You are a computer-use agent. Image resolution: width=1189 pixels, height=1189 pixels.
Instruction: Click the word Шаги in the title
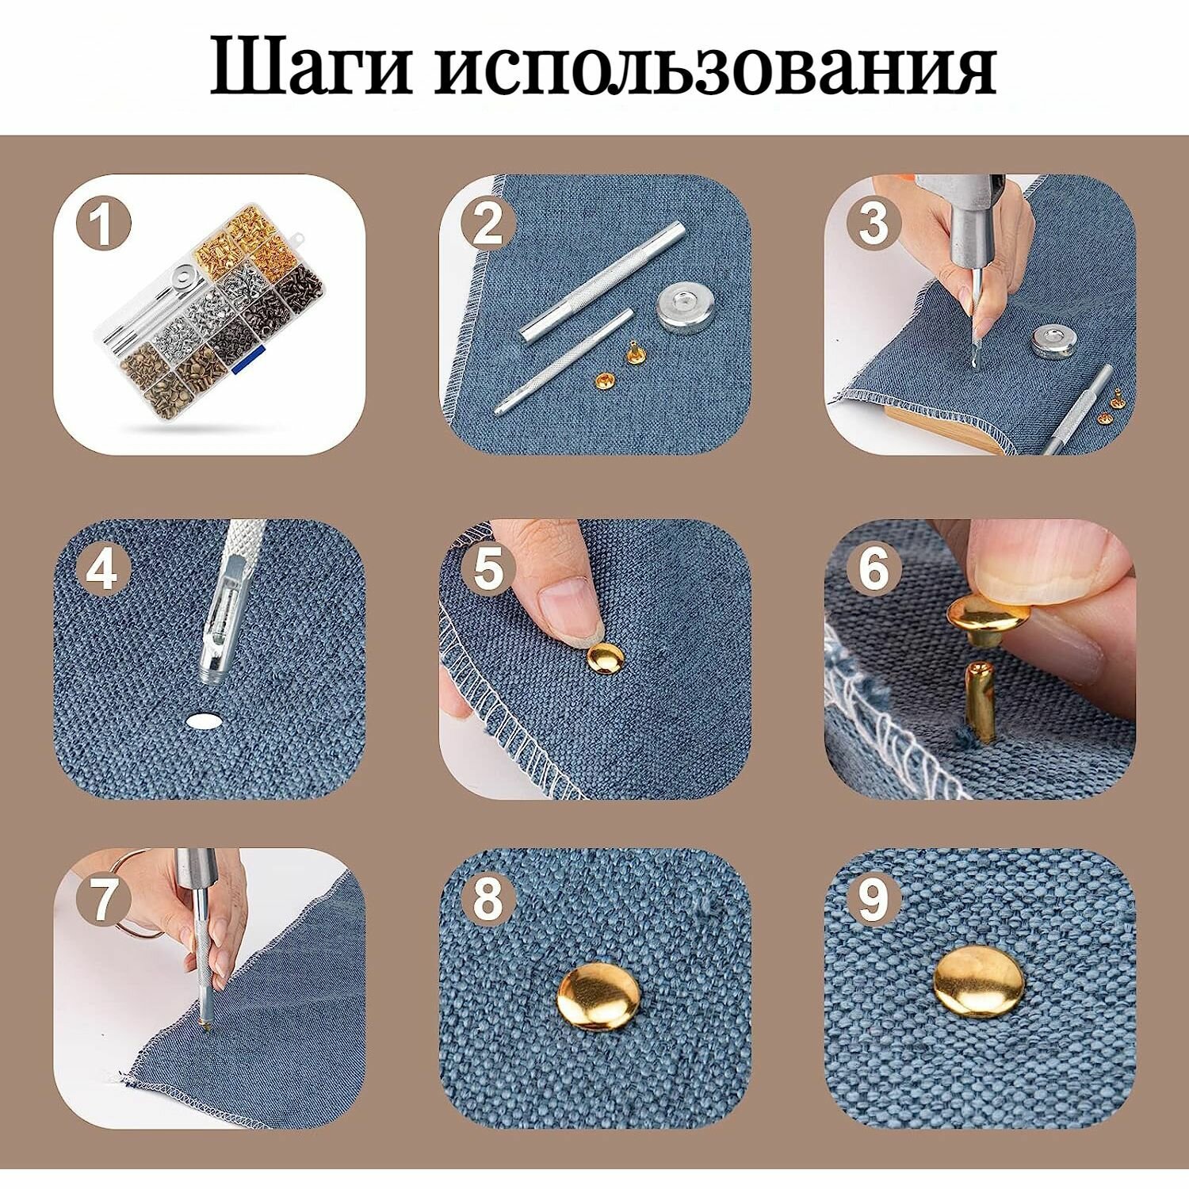coord(312,67)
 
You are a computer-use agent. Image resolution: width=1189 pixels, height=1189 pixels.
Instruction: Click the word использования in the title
coord(713,67)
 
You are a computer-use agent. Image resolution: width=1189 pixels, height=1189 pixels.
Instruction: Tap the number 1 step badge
coord(102,225)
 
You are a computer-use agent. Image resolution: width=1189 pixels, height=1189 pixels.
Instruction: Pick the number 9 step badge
coord(874,899)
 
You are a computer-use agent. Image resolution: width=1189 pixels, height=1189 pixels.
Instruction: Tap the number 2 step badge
coord(487,225)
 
